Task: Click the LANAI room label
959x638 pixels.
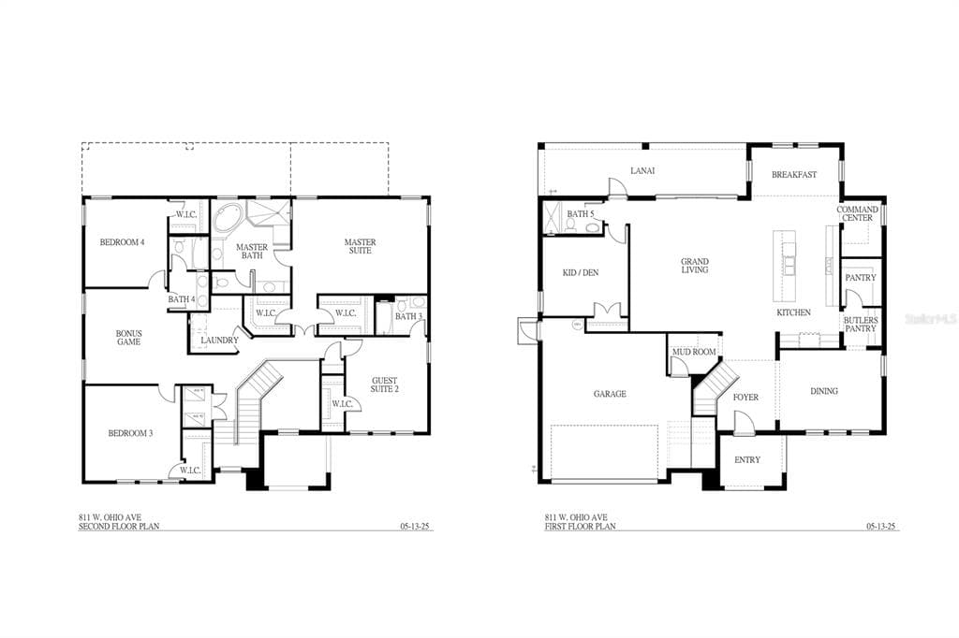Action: coord(642,170)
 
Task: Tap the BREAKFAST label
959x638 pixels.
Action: coord(794,175)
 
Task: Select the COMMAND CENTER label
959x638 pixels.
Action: coord(857,214)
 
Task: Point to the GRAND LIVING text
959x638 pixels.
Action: coord(694,266)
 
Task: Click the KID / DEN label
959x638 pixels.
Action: coord(582,272)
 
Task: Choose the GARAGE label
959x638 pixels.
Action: coord(610,394)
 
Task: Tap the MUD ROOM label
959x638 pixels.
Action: coord(694,353)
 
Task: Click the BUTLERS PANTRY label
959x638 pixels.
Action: coord(860,325)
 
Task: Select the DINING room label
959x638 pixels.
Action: coord(824,391)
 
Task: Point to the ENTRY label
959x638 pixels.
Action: coord(747,459)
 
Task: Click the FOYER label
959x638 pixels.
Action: coord(745,398)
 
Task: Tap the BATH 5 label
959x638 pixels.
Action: coord(581,214)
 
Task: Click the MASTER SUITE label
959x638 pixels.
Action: coord(360,247)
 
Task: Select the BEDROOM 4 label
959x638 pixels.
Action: coord(122,242)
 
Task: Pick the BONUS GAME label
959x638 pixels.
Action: coord(128,338)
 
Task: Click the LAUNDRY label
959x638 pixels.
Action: coord(219,340)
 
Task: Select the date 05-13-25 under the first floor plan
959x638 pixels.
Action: coord(880,527)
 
